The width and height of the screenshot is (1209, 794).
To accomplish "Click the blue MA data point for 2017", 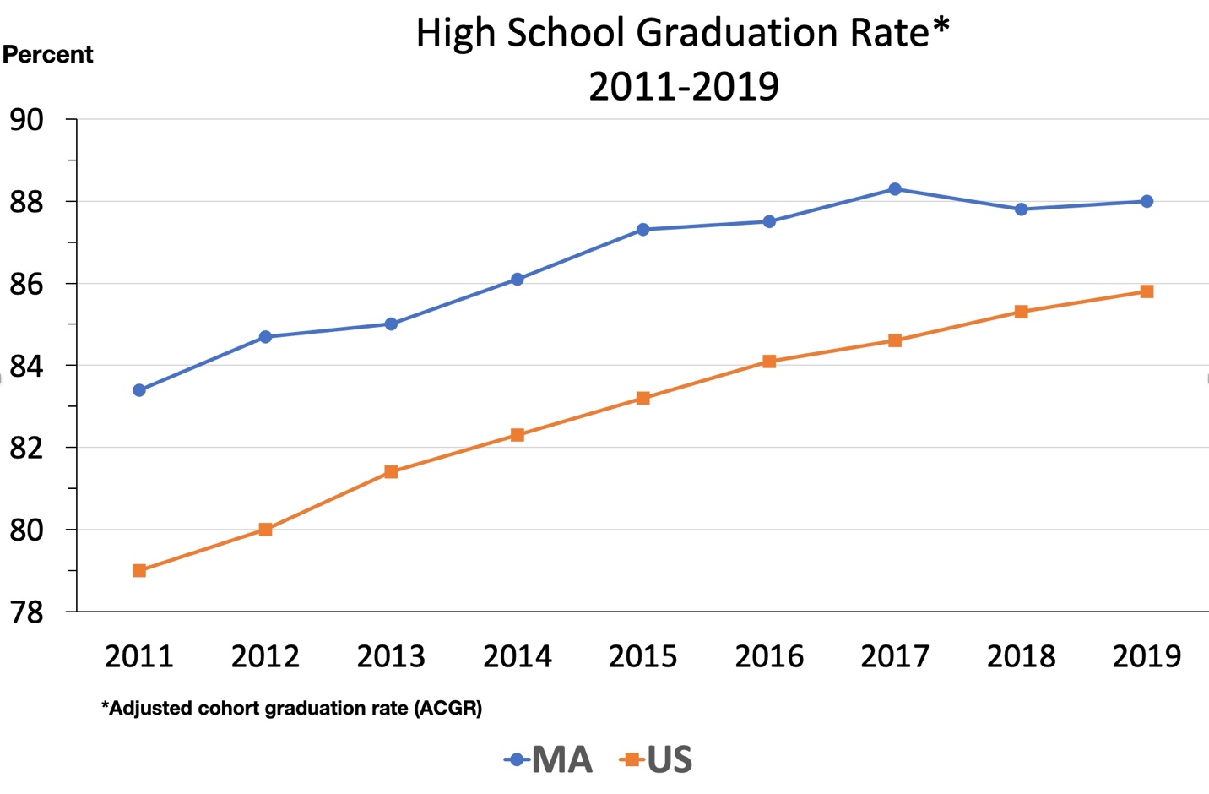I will coord(895,189).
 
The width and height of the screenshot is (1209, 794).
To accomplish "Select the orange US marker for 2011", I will coord(139,571).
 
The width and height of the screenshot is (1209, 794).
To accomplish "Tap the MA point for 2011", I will coord(139,390).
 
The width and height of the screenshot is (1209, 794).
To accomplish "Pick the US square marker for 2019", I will coord(1147,291).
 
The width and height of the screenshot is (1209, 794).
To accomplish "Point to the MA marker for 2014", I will coord(518,280).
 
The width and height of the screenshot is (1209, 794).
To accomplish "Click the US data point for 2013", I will coord(391,472).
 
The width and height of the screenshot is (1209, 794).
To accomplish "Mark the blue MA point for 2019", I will coord(1147,202).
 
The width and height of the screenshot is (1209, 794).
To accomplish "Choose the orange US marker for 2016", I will coord(769,362).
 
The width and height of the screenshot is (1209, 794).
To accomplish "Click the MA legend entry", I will coord(549,760).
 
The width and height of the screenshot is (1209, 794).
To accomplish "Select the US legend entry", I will coord(657,760).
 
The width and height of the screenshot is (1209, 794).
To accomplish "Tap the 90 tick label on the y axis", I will coord(27,120).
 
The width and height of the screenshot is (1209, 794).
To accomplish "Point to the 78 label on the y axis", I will coord(27,612).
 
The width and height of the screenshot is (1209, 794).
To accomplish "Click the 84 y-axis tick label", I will coord(27,367).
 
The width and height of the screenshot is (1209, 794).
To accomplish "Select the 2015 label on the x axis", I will coord(643,656).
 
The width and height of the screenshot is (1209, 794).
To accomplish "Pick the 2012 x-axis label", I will coord(265,656).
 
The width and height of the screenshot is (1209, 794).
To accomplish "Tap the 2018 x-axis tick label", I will coord(1021,656).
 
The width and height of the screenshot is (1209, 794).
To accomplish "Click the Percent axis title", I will coord(48,55).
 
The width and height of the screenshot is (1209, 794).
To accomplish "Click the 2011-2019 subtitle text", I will coord(683,86).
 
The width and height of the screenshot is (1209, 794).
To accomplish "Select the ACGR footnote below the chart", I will coord(291,708).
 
